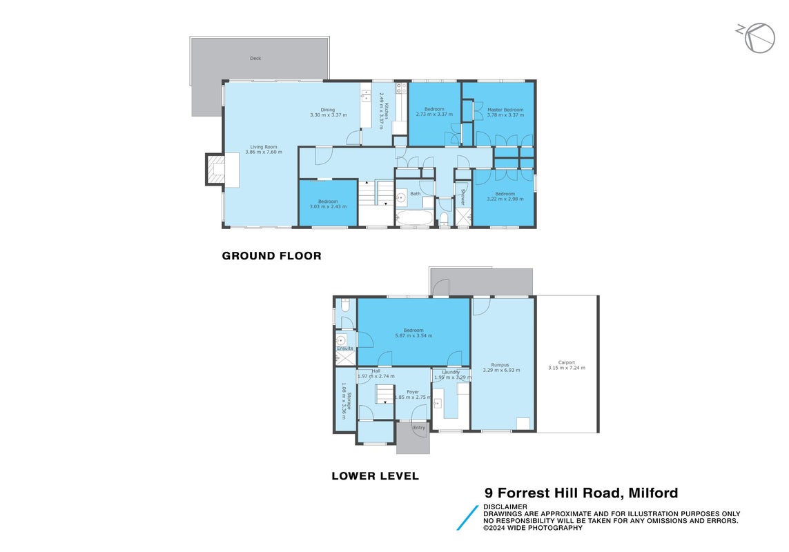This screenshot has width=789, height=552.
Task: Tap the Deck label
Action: (255, 59)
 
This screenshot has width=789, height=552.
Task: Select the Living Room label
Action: (264, 147)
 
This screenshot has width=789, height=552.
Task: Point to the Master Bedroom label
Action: (505, 110)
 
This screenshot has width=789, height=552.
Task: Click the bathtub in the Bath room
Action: (413, 218)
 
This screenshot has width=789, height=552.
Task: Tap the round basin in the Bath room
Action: (401, 197)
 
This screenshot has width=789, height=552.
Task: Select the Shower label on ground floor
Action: (462, 197)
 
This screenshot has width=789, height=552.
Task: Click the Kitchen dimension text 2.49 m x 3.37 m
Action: (382, 110)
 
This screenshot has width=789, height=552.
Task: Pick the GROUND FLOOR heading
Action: (272, 255)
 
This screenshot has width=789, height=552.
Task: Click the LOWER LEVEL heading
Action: (375, 476)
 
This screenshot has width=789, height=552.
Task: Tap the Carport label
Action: (567, 362)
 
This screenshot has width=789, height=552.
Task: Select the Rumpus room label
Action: (500, 365)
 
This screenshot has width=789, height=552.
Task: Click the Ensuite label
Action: (345, 348)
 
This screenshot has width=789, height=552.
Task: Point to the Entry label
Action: (419, 428)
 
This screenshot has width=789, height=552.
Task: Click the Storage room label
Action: (349, 401)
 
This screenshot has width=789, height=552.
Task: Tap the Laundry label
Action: (451, 372)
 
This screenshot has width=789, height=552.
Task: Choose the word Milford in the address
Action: (653, 493)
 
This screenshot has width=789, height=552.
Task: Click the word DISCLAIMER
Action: (505, 506)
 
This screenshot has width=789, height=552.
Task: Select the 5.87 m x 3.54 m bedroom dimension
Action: (413, 335)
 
